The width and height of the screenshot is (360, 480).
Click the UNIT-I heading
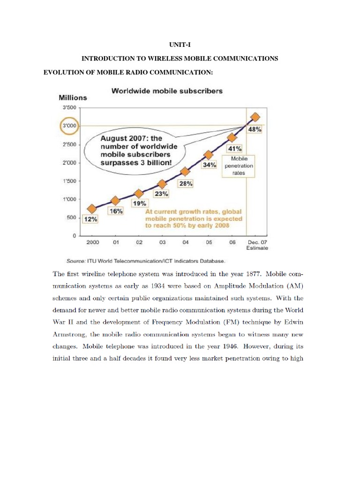(180, 44)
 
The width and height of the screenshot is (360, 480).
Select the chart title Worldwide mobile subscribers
(167, 91)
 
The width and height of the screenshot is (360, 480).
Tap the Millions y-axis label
(73, 98)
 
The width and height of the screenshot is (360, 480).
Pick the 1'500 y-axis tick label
(69, 181)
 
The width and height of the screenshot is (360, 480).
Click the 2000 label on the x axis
(92, 242)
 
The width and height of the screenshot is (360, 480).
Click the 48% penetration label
(255, 130)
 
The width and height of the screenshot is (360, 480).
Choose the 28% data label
(186, 184)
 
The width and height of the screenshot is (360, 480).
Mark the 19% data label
(140, 203)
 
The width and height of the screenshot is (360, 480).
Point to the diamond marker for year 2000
(92, 209)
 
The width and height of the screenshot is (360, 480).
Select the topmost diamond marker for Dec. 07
(255, 117)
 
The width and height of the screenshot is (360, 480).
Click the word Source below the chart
(75, 260)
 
